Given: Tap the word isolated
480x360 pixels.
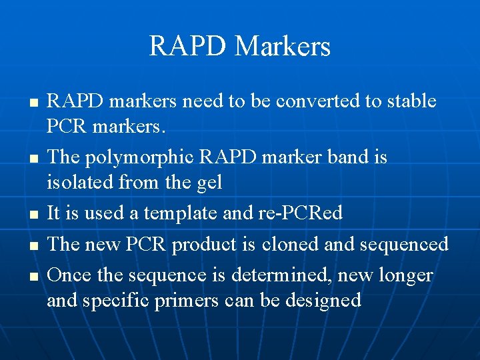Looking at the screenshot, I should point(79,181).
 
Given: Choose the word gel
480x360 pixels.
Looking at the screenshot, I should point(207,181).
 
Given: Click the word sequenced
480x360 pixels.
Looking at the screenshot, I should point(404,245).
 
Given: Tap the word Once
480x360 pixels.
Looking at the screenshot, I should point(69,275).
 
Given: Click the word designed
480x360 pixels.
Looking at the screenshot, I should point(323,300).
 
